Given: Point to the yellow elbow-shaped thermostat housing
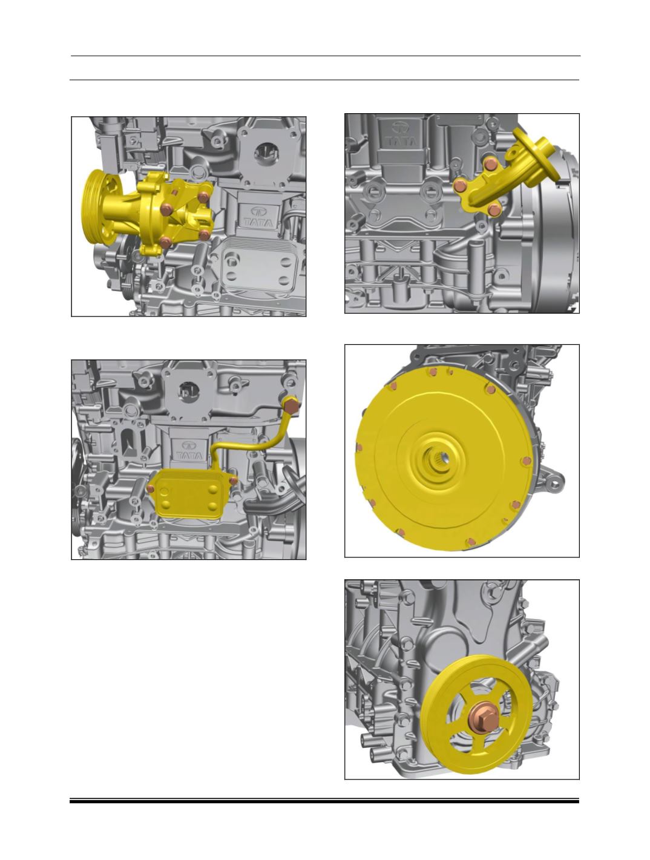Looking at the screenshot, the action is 510,176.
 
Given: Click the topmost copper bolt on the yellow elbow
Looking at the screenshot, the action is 490,163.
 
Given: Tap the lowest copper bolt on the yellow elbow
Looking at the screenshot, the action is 494,210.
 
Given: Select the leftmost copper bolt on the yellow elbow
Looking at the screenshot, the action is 459,186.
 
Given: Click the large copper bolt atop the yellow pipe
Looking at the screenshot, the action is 290,406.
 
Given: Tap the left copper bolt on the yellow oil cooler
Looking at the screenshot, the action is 150,488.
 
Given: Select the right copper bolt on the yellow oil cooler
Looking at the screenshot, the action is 234,481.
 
